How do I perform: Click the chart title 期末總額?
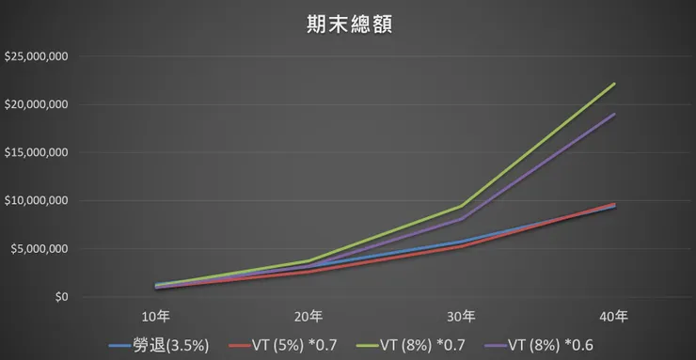348,24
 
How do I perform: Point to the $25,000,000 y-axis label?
36,56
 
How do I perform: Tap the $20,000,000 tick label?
36,104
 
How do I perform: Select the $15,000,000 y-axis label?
36,152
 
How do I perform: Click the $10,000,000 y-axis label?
36,200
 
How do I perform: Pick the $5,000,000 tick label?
39,249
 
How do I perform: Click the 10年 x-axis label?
156,315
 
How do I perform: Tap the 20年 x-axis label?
308,315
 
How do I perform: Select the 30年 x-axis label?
461,315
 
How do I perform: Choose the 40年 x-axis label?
614,315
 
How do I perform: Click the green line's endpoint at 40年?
614,84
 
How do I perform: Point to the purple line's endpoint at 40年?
614,115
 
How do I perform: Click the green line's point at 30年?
461,206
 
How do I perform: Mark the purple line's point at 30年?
461,219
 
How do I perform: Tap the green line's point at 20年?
308,261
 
